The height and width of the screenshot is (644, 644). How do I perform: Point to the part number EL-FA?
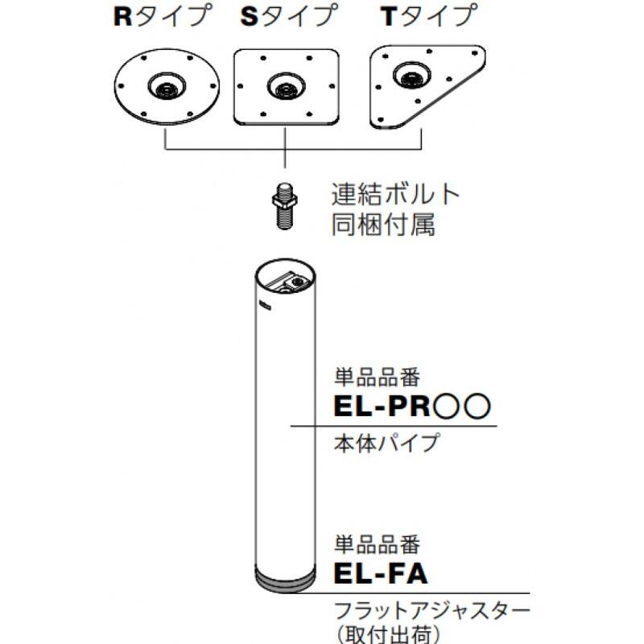point(379,575)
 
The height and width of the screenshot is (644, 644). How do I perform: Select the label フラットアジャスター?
point(431,609)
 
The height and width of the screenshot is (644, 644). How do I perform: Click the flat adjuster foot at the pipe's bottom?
point(286,579)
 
